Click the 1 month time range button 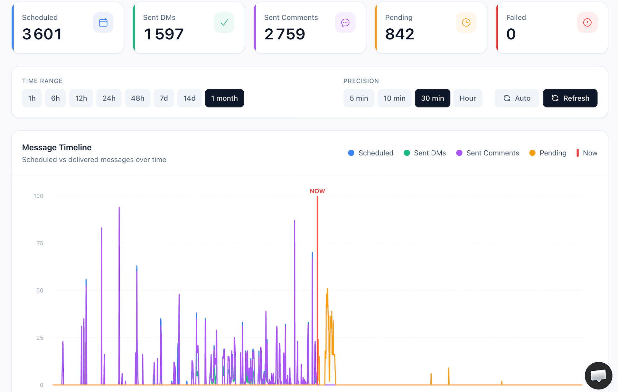click(224, 98)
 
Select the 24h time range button click(109, 98)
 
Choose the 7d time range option click(164, 98)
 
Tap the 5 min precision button click(359, 98)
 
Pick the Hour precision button click(467, 98)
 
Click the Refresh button click(570, 98)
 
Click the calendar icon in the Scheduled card click(103, 23)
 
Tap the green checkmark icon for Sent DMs click(224, 23)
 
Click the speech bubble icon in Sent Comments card click(345, 23)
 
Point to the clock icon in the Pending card click(466, 23)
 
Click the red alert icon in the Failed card click(587, 23)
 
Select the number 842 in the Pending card click(399, 34)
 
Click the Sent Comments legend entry click(488, 153)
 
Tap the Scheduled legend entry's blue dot click(351, 153)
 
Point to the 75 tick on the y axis click(40, 243)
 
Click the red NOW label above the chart click(317, 191)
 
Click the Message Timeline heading click(57, 147)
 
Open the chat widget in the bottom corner click(598, 375)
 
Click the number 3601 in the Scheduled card click(42, 34)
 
